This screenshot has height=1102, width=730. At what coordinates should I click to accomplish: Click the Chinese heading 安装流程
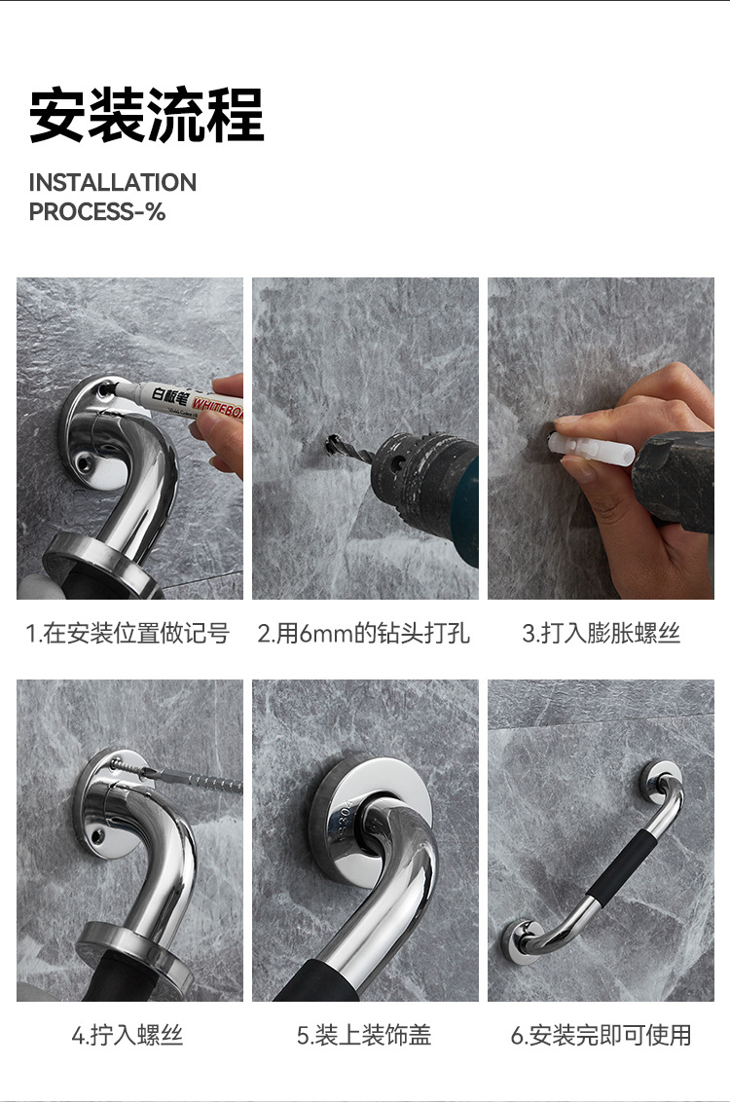click(x=146, y=116)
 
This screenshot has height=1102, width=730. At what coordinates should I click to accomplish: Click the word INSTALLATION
click(x=112, y=183)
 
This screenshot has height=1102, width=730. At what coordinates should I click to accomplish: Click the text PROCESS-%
click(x=97, y=212)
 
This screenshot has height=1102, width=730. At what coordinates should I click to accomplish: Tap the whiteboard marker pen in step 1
click(x=185, y=398)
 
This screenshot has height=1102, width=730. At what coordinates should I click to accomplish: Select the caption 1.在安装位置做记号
click(x=128, y=634)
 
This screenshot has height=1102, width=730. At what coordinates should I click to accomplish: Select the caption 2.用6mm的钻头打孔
click(x=364, y=634)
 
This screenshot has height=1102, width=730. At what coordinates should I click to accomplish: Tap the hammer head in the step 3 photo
click(x=674, y=477)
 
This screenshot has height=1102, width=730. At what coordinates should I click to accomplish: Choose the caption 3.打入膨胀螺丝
click(x=601, y=634)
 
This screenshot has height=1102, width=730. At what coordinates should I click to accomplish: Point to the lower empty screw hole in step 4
click(x=96, y=834)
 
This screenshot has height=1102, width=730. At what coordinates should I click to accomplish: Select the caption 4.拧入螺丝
click(x=128, y=1035)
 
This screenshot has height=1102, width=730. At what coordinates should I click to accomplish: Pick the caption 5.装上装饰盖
click(x=364, y=1035)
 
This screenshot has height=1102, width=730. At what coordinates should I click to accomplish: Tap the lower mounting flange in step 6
click(x=523, y=940)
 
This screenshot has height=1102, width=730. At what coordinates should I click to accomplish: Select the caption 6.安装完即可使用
click(x=601, y=1035)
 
